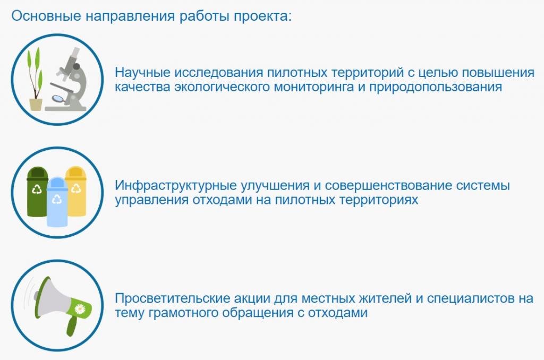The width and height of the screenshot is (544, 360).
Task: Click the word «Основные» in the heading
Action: (46, 16)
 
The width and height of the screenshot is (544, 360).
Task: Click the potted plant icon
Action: (35, 79)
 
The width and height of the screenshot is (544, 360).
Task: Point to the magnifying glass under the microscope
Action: (58, 99)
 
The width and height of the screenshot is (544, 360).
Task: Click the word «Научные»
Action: (142, 73)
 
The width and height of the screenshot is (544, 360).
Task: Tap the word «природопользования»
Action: (436, 87)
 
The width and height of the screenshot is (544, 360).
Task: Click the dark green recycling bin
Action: (37, 192)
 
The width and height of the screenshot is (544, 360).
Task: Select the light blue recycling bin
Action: (57, 201)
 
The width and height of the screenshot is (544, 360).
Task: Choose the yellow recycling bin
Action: (76, 191)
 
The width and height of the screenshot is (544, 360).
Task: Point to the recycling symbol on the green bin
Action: (37, 190)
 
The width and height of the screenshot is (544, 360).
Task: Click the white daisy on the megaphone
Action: (80, 308)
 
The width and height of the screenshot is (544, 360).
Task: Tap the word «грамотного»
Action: (183, 313)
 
